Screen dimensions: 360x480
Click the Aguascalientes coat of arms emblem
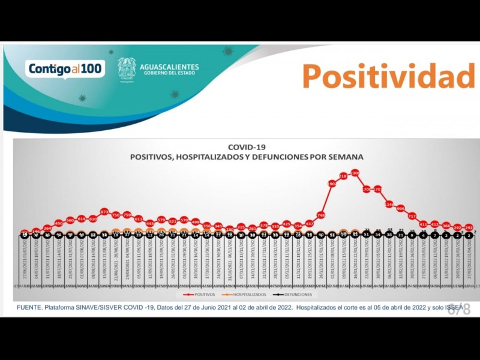[x=127, y=69]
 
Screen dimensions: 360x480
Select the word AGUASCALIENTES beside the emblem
[x=169, y=67]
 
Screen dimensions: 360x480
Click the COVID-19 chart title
[x=247, y=146]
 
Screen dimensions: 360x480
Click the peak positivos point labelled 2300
[x=355, y=173]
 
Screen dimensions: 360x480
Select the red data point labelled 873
[x=104, y=212]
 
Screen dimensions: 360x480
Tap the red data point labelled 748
[x=321, y=215]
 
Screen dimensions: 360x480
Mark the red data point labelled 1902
[x=332, y=184]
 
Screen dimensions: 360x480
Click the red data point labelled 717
[x=412, y=216]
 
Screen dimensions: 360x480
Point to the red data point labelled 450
[x=59, y=223]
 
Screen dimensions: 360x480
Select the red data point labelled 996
[x=400, y=209]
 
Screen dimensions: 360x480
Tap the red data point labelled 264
[x=47, y=228]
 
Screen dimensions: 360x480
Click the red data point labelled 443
[x=150, y=223]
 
